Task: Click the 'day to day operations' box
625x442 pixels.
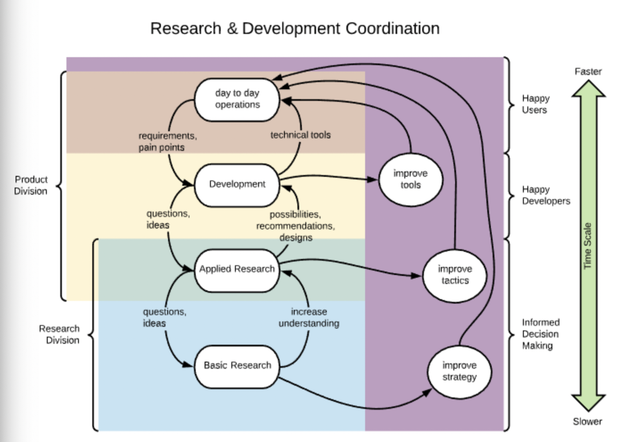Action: (x=237, y=100)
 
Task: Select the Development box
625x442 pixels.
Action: (x=237, y=185)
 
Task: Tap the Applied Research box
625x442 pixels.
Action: (x=237, y=271)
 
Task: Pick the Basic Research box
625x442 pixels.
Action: (x=237, y=367)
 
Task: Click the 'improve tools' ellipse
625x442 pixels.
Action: (x=411, y=179)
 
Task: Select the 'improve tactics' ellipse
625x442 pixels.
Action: (x=455, y=276)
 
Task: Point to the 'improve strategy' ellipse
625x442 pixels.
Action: (x=459, y=372)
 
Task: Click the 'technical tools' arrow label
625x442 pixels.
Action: (x=300, y=135)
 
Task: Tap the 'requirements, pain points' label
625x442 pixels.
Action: (x=168, y=142)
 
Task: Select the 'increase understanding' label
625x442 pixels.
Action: (x=309, y=317)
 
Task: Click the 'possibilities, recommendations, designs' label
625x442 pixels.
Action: (x=296, y=226)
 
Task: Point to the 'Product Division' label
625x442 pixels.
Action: (x=31, y=185)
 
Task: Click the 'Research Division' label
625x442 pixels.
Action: (x=59, y=334)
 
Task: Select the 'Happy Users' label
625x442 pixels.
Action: (x=536, y=104)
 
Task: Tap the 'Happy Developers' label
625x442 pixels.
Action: (x=546, y=195)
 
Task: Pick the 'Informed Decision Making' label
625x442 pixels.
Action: (x=541, y=334)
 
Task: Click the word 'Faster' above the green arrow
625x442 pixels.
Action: (x=588, y=71)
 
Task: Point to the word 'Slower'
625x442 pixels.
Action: (x=588, y=421)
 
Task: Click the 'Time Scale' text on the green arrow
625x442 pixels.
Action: (x=588, y=246)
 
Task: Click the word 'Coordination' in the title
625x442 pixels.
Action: (x=393, y=29)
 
